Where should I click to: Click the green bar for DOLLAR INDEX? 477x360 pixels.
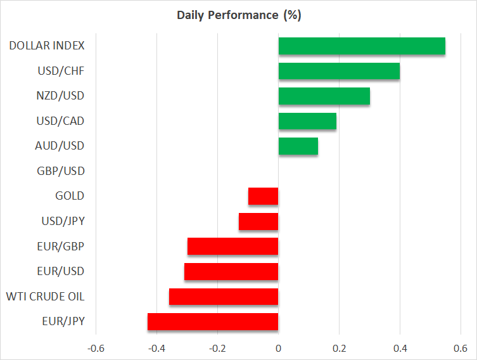click(x=362, y=46)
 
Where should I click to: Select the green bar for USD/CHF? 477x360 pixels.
click(x=339, y=71)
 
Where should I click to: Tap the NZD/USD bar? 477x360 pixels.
click(x=324, y=96)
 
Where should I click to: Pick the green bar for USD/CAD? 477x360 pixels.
click(x=307, y=121)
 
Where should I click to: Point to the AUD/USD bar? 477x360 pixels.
click(x=298, y=146)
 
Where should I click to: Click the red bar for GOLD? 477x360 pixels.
click(x=264, y=196)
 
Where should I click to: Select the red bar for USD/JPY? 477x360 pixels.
click(x=258, y=221)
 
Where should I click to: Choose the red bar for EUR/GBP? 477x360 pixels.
click(x=233, y=246)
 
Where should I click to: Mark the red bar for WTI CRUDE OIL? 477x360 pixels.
click(x=224, y=297)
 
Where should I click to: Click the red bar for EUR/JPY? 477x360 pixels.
click(x=213, y=321)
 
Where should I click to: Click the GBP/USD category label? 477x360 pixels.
click(x=61, y=171)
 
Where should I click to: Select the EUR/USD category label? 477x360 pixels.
click(x=61, y=271)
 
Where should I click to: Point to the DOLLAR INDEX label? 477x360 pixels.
click(x=47, y=46)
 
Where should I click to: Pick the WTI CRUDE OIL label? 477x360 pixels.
click(x=45, y=297)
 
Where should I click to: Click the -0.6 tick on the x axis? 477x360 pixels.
click(x=96, y=348)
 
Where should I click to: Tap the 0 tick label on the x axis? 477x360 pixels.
click(x=279, y=348)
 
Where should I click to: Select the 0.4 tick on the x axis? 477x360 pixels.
click(x=400, y=348)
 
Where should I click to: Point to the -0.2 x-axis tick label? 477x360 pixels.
click(x=217, y=348)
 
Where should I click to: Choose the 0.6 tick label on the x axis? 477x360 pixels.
click(x=461, y=348)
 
